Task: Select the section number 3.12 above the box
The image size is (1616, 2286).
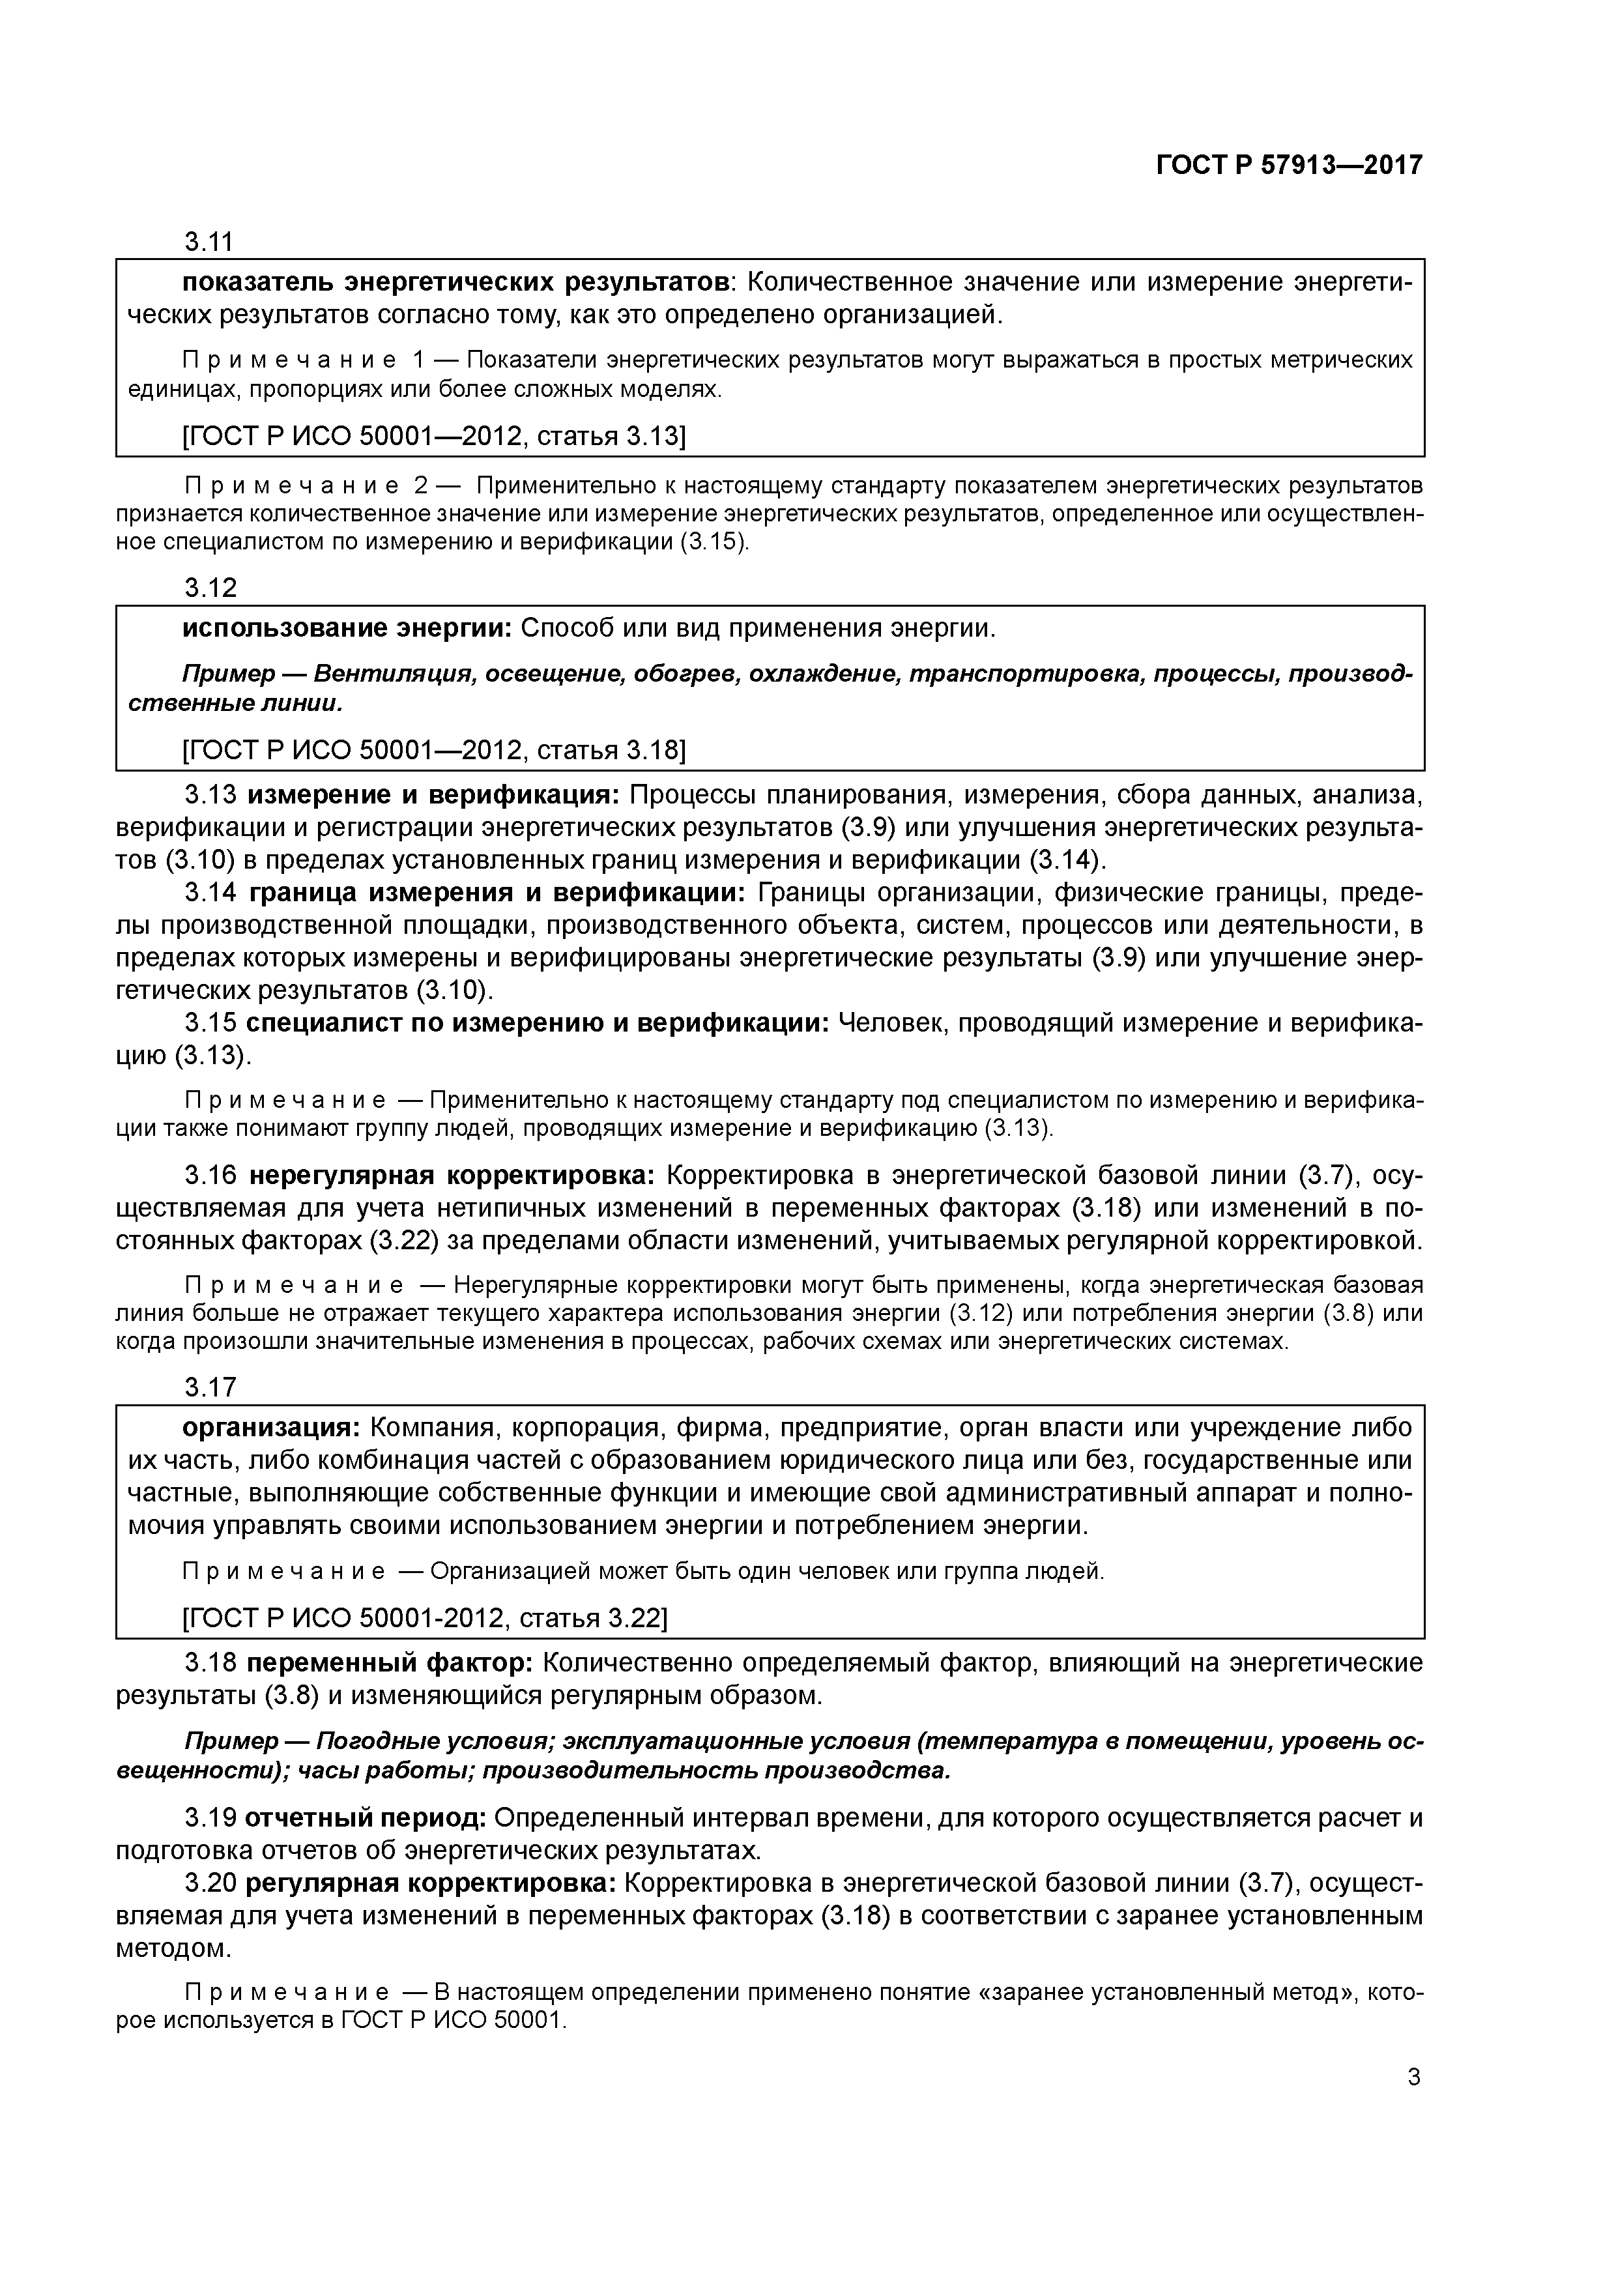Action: coord(210,588)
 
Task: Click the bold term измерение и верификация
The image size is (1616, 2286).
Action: coord(433,796)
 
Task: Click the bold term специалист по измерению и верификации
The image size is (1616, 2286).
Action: coord(537,1024)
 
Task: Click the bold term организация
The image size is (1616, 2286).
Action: coord(271,1428)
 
